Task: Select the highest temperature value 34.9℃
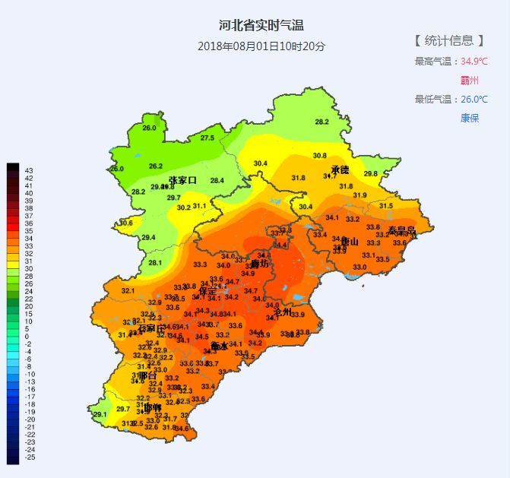point(474,61)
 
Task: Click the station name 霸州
point(470,80)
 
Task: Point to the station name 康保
point(470,118)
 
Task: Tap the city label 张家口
point(182,180)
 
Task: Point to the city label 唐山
point(350,242)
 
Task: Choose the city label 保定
point(207,291)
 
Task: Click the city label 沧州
point(282,310)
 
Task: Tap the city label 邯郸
point(152,407)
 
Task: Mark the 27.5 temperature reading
point(207,138)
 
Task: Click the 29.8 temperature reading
point(371,173)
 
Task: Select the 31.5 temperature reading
point(386,206)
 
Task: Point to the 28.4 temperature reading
point(217,180)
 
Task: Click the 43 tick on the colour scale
point(29,170)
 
